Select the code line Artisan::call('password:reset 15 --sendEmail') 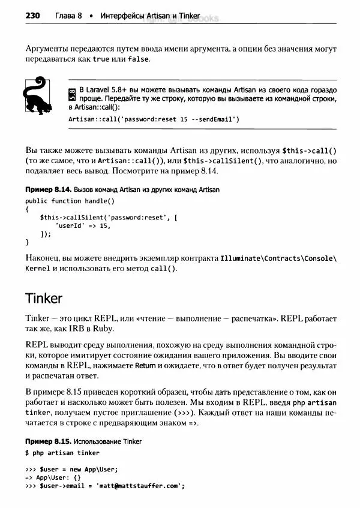pyautogui.click(x=154, y=119)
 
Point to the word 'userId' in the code pyautogui.click(x=70, y=226)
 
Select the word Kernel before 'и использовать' pyautogui.click(x=38, y=269)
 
